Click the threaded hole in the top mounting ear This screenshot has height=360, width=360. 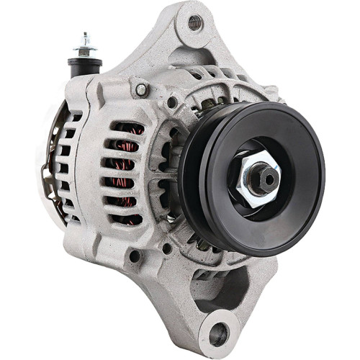pyautogui.click(x=195, y=23)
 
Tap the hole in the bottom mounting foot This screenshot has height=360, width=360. pyautogui.click(x=219, y=334)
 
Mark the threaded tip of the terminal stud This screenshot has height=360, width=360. pyautogui.click(x=85, y=36)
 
